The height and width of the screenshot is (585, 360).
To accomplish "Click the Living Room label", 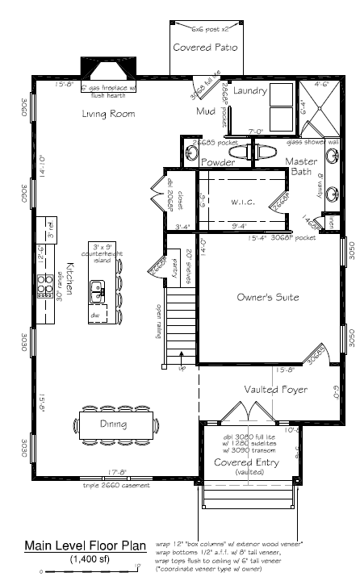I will point(107,114).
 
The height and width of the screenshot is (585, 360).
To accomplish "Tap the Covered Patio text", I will point(206,48).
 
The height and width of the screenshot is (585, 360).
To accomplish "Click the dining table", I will point(114,423).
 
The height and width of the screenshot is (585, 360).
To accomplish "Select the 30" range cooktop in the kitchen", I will point(41,286).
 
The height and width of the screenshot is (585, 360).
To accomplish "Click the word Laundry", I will point(249,91).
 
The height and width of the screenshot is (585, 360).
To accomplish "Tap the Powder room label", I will point(218,163).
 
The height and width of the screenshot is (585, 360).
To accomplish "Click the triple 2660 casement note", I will point(119,486).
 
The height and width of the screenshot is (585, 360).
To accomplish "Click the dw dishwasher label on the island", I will point(95,315).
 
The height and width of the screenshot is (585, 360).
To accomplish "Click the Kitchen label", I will point(70,276).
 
